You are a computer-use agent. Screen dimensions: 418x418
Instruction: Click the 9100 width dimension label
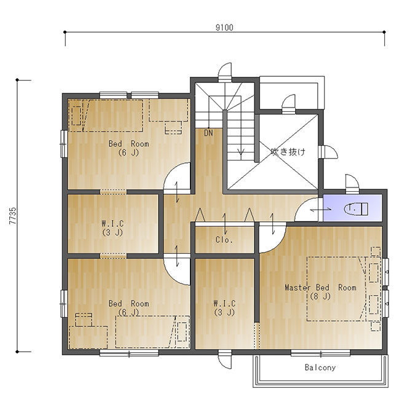224,28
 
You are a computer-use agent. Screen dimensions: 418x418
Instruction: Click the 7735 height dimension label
13,216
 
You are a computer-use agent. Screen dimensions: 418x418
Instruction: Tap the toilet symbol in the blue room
356,208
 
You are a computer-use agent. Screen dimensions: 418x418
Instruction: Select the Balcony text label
320,368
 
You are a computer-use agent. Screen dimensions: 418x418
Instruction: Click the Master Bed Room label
320,288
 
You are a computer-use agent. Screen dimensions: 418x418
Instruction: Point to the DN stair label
208,133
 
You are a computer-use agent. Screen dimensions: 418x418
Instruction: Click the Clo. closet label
224,240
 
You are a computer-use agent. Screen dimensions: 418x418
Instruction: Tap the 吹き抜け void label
288,152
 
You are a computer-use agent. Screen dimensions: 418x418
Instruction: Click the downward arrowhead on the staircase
241,152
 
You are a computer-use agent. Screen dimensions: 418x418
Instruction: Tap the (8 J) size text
320,296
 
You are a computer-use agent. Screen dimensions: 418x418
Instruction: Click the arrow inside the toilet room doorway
321,210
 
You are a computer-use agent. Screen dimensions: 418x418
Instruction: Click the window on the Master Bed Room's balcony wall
320,353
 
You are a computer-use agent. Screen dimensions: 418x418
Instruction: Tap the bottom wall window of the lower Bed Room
129,353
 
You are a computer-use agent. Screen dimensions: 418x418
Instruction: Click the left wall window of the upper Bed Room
64,144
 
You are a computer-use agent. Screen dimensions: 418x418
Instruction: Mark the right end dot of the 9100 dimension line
384,32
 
